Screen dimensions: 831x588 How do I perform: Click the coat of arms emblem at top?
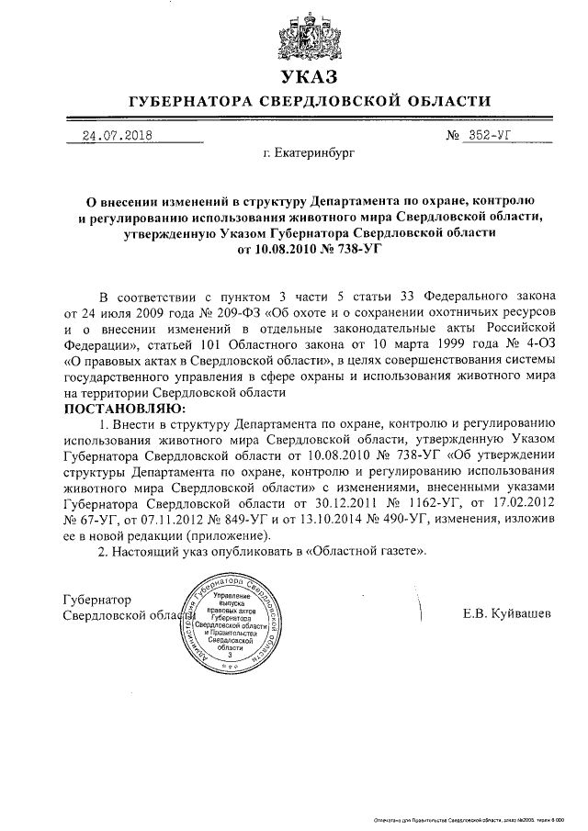(x=295, y=33)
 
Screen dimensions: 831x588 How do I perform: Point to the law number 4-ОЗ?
(x=537, y=343)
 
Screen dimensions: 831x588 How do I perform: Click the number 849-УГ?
(x=241, y=519)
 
